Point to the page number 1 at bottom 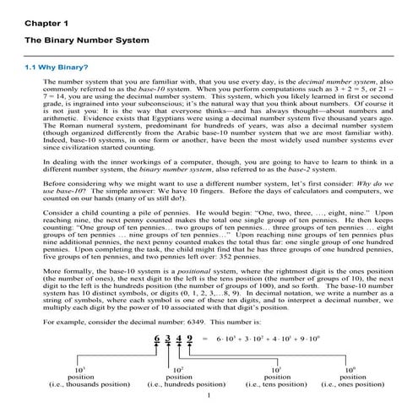(x=209, y=399)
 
